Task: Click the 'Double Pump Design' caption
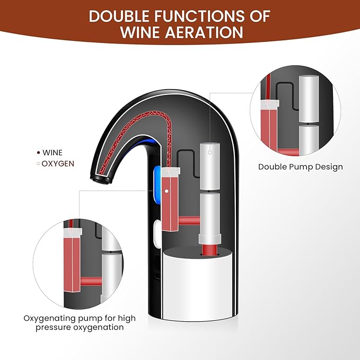click(x=300, y=166)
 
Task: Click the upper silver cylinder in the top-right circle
click(x=308, y=95)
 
